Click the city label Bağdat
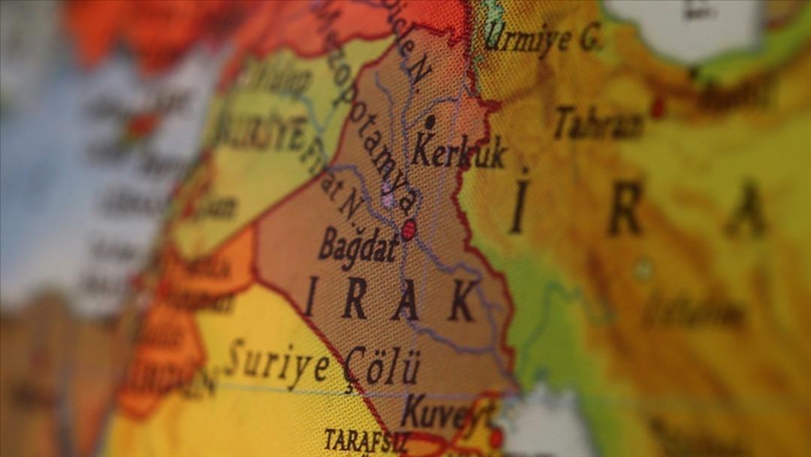[359, 246]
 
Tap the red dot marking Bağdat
[409, 229]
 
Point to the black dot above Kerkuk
[430, 120]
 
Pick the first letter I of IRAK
[310, 296]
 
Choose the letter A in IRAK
[406, 301]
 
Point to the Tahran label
[599, 123]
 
